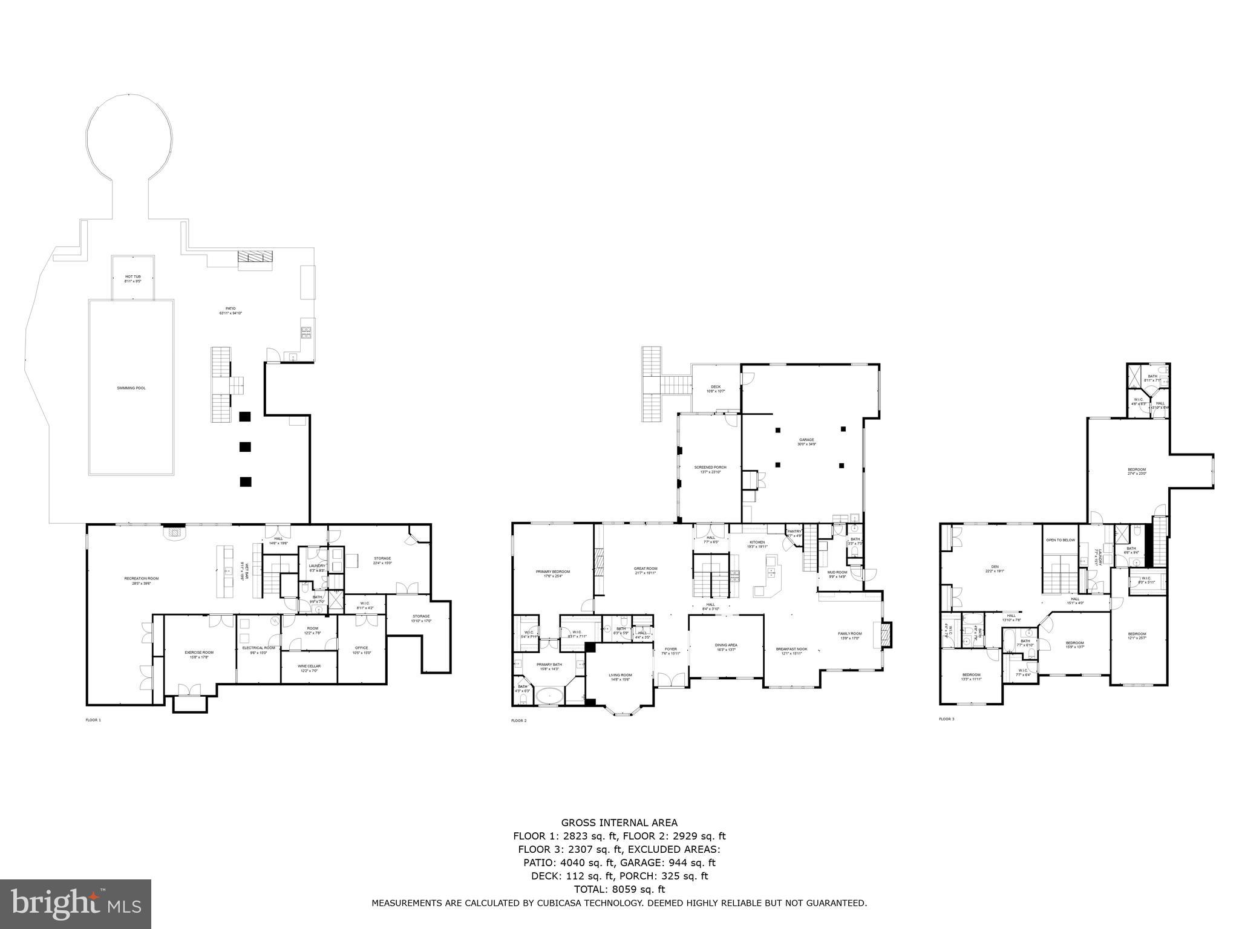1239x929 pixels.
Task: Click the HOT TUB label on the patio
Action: click(132, 276)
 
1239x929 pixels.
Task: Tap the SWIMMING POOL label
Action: click(131, 388)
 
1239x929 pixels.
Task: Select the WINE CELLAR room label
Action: click(309, 666)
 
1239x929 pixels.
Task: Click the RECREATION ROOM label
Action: click(141, 579)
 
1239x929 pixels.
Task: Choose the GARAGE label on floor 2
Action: click(806, 440)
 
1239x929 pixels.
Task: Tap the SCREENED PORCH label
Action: click(710, 468)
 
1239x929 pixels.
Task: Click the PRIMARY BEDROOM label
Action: click(552, 572)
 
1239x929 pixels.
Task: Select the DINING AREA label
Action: click(726, 645)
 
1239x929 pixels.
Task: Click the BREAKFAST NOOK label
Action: click(792, 650)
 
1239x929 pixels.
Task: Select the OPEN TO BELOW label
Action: click(1061, 539)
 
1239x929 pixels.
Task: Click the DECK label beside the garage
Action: click(716, 387)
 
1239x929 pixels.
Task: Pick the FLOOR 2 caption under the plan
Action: click(518, 721)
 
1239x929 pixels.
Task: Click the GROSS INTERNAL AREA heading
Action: click(619, 823)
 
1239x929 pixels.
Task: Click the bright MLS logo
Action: click(76, 904)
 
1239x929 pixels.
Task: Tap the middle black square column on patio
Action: click(245, 447)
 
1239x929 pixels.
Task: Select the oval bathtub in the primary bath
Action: click(549, 696)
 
